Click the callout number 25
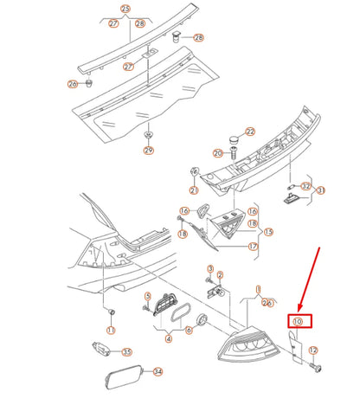pos(125,10)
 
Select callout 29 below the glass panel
pos(149,151)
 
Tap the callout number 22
pos(250,132)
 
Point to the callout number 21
pos(194,190)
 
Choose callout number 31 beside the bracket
pos(321,190)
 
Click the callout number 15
pos(268,232)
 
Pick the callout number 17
pos(253,247)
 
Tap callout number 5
pos(148,296)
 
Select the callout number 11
pos(111,331)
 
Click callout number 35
pos(127,352)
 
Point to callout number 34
pos(157,372)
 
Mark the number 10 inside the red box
pos(298,321)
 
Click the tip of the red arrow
pos(299,312)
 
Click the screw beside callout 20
pos(233,153)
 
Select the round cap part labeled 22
pos(235,141)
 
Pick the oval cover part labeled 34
pos(125,377)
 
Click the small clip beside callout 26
pos(89,84)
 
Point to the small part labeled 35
pos(101,349)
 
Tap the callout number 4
pos(169,338)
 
